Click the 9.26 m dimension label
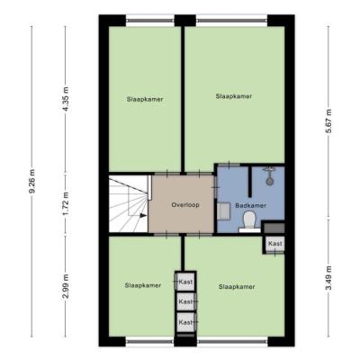(32, 181)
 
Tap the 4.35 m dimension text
(66, 99)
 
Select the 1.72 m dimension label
(66, 203)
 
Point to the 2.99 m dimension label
(66, 286)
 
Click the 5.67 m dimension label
(329, 121)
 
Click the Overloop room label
(185, 205)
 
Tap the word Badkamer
(251, 206)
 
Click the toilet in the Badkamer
(249, 222)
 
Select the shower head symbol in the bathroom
(269, 175)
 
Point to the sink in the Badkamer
(223, 211)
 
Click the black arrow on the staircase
(143, 215)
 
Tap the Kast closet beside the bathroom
(275, 244)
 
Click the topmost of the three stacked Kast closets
(185, 282)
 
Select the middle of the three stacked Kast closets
(185, 301)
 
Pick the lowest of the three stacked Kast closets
(185, 322)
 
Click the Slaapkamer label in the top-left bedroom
(145, 99)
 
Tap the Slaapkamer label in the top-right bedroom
(234, 96)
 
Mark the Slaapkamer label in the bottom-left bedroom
(143, 285)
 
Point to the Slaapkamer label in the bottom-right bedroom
(237, 287)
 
